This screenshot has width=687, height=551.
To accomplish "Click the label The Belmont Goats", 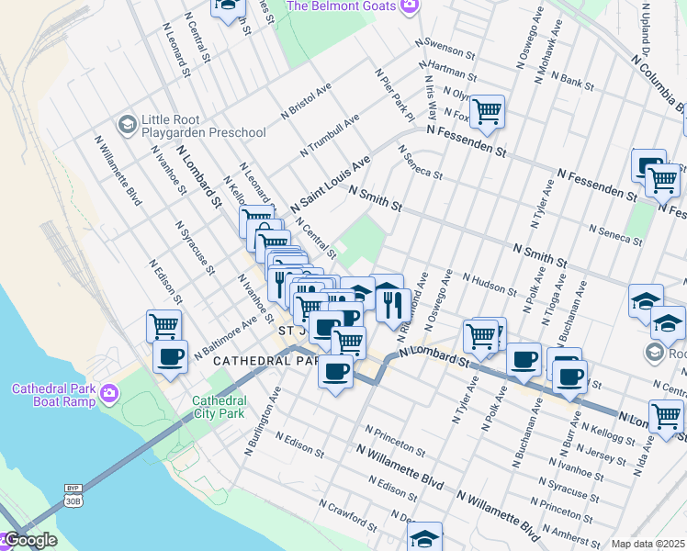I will click(342, 6).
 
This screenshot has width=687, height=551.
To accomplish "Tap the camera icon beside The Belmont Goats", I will click(410, 6).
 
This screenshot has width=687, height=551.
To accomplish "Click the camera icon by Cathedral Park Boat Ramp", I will click(110, 394).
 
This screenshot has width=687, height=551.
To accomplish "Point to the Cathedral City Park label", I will click(219, 407).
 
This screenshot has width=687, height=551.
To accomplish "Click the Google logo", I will click(29, 541).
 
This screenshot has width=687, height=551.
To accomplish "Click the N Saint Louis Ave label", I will click(331, 184).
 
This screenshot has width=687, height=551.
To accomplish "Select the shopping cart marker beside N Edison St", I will click(163, 326).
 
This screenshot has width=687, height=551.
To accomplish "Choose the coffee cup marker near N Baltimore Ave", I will click(170, 356).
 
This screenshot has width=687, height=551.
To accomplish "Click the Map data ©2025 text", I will click(648, 544).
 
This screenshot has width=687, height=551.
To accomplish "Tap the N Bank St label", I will click(577, 82).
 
